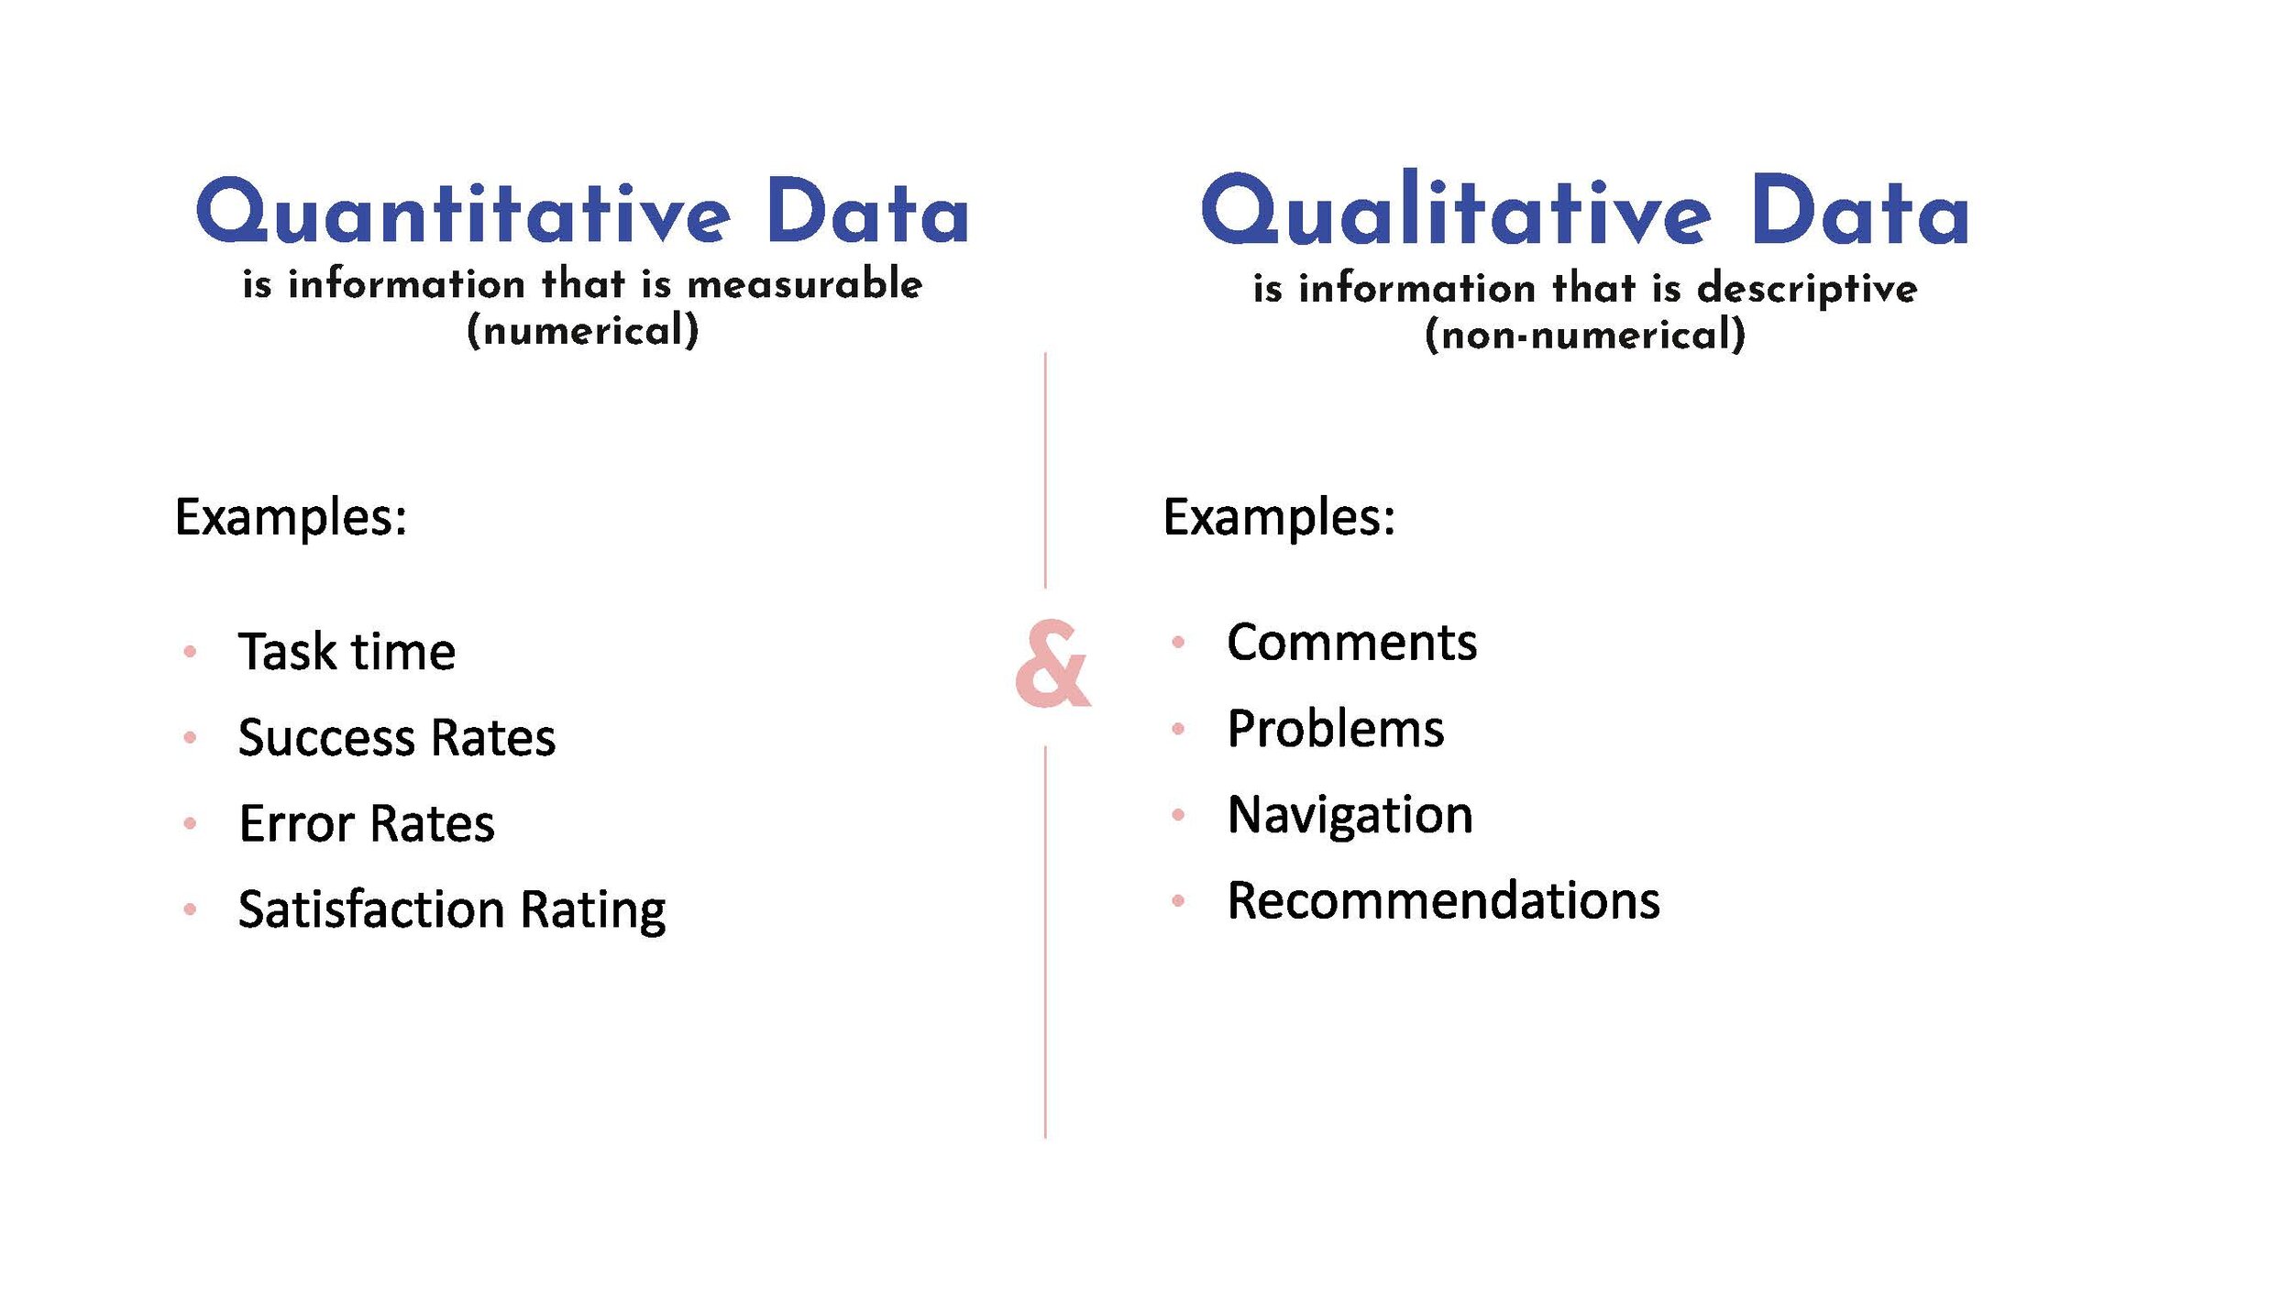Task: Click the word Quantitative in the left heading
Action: pos(463,213)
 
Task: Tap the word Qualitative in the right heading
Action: pos(1455,211)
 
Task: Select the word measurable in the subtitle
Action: pos(804,284)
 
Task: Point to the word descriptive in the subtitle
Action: pos(1806,290)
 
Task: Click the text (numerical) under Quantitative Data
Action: pos(583,331)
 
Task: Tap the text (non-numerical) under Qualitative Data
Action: pos(1585,335)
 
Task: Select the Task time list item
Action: pos(347,652)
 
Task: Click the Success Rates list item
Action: pos(396,737)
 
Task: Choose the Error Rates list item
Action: pos(367,823)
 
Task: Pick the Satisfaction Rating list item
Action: pos(451,909)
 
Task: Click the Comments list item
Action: pos(1351,642)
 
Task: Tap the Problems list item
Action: pos(1335,729)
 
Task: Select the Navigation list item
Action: pos(1350,815)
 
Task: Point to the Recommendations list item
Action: pos(1443,900)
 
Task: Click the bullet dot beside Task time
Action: pos(190,652)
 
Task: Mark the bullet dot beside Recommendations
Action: pos(1178,901)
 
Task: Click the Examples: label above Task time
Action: pos(291,517)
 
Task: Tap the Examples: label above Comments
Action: pos(1279,517)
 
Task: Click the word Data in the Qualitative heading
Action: pos(1859,213)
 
